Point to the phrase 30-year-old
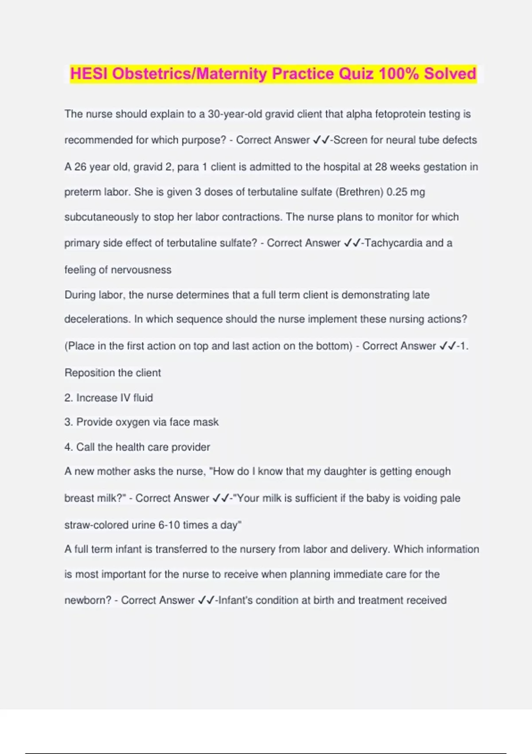[x=235, y=114]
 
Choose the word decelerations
[x=98, y=319]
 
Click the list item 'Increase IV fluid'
[x=109, y=398]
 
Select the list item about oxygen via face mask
[x=141, y=422]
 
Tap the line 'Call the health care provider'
[x=137, y=447]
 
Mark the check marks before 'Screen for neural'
[x=321, y=140]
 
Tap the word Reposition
[x=90, y=373]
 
